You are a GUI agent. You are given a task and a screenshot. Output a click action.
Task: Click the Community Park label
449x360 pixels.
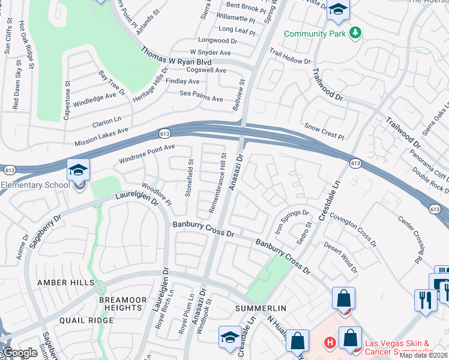click(x=315, y=34)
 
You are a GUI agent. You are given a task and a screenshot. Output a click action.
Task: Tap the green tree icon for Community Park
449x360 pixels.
click(x=355, y=32)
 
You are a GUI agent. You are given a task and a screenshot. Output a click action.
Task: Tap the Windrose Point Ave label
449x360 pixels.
click(x=146, y=154)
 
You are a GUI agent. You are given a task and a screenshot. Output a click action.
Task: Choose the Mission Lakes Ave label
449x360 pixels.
click(x=101, y=137)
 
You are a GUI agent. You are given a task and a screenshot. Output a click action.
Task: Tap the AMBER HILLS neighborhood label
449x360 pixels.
click(x=65, y=282)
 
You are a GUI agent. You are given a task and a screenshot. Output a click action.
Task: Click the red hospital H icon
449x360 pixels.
click(x=330, y=344)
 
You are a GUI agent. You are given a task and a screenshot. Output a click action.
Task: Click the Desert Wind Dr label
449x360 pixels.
click(x=340, y=257)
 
